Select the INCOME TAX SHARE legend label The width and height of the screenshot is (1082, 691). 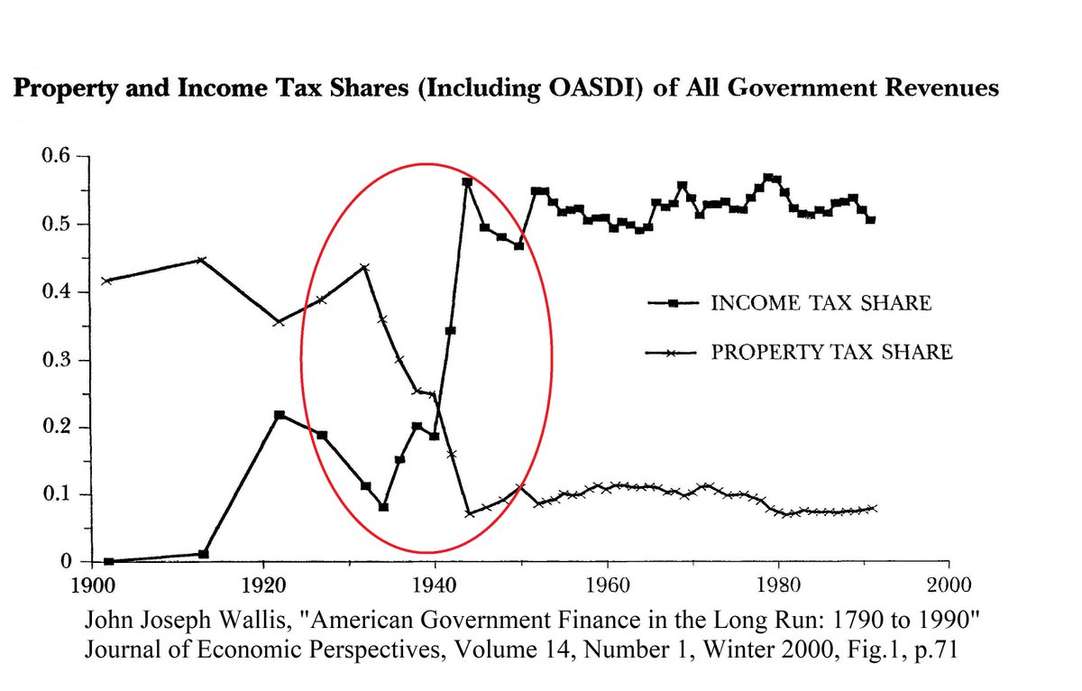[821, 303]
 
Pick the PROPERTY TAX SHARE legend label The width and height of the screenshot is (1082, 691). [831, 352]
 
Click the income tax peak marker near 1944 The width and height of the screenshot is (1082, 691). [468, 182]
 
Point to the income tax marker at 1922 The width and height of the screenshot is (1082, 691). [280, 415]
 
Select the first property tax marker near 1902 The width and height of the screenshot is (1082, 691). [107, 281]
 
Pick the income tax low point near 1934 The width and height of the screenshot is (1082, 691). [383, 507]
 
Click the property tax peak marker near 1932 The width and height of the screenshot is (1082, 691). [364, 267]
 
